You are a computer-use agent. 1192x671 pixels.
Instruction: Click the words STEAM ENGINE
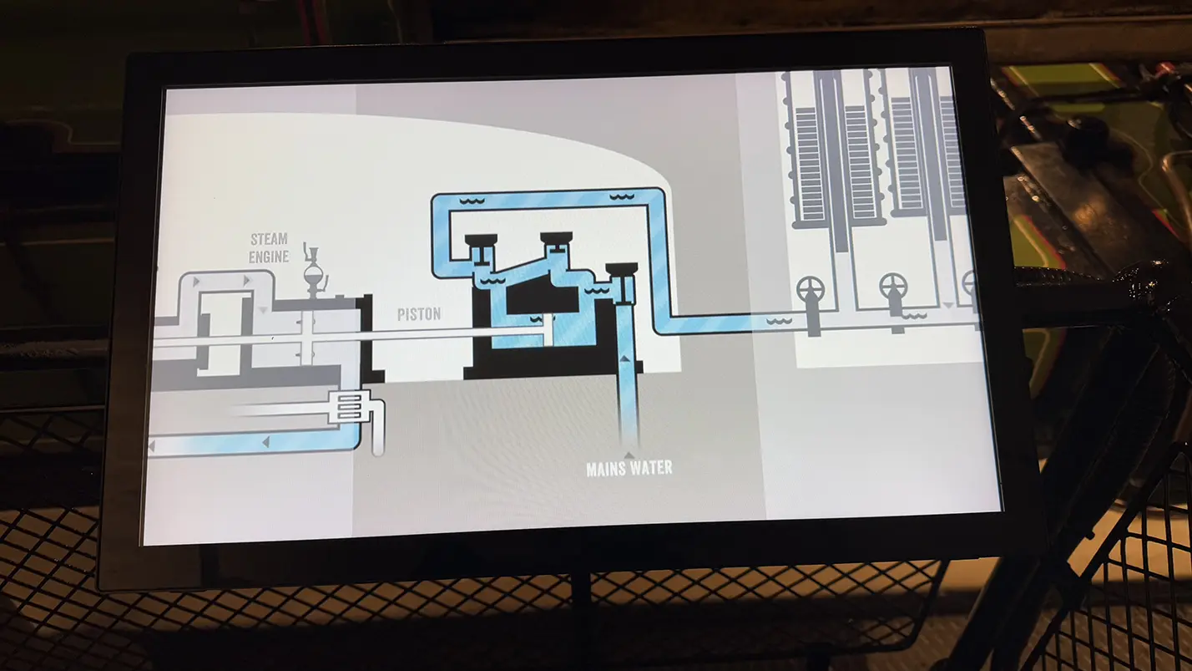269,248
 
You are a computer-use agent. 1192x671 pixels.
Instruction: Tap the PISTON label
418,315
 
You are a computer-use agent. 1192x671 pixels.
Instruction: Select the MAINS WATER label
629,468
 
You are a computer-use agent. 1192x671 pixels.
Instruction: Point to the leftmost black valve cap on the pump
482,240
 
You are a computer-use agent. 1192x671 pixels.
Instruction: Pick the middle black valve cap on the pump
556,237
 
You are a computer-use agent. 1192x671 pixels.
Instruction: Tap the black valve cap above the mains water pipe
621,268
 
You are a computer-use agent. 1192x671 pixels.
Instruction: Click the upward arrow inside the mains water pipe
626,358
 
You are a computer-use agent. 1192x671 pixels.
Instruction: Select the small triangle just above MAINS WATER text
628,453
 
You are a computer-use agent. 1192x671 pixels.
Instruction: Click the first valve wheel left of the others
810,289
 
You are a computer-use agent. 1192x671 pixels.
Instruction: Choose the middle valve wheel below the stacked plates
894,287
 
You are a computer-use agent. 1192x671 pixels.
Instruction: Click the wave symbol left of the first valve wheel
778,321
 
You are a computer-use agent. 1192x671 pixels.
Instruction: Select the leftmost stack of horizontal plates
808,163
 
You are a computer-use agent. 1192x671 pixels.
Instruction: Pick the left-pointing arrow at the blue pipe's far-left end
152,448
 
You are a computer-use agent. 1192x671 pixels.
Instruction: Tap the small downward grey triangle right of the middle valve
948,305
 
